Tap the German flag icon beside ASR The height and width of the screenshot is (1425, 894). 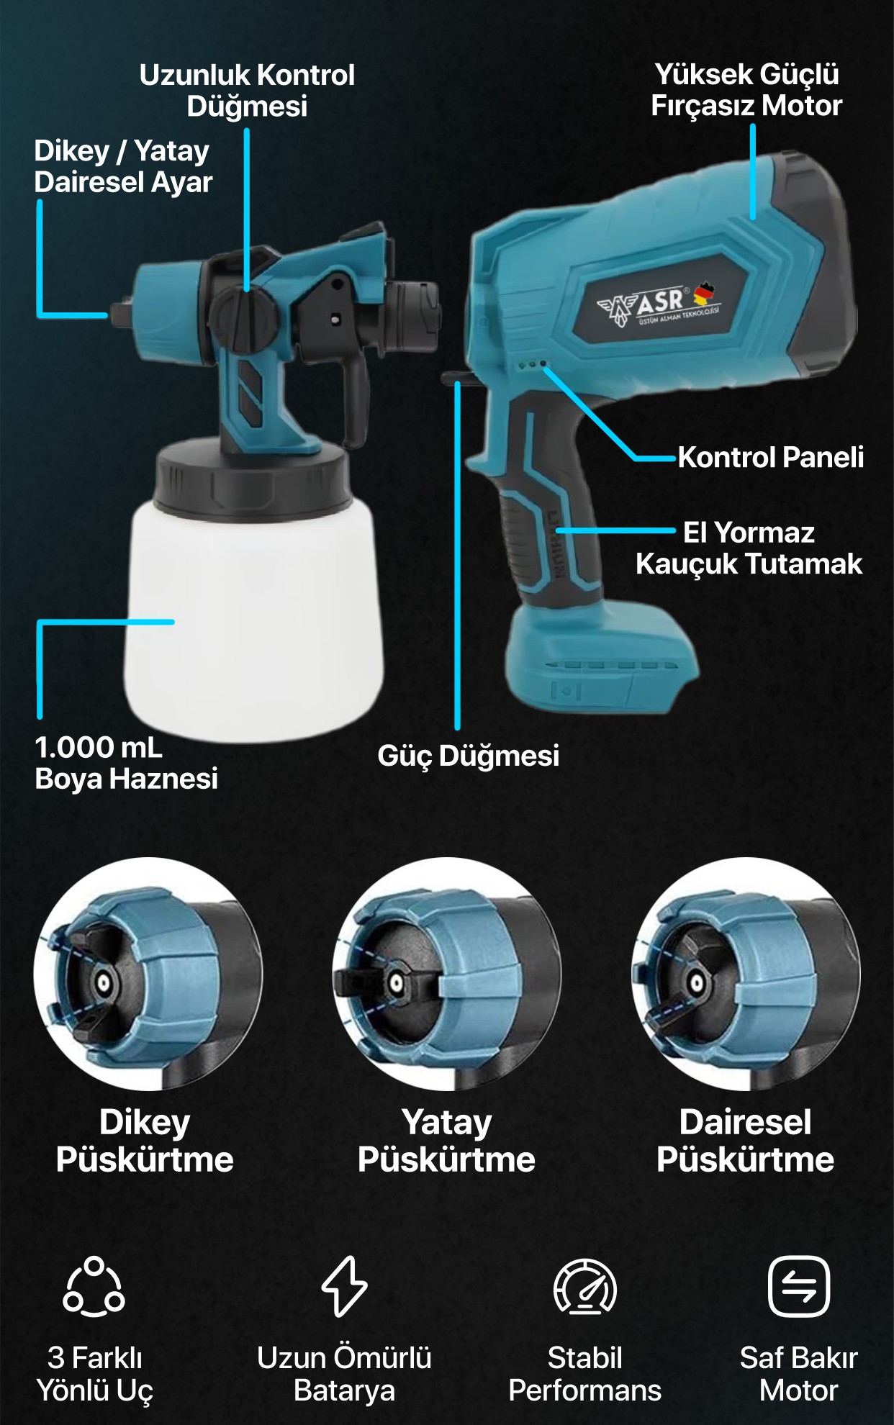pos(704,293)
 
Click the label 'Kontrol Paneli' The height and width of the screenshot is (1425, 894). pos(770,458)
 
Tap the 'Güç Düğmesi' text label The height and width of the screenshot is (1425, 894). pos(468,756)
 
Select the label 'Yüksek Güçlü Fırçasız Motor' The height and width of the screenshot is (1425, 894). pos(746,90)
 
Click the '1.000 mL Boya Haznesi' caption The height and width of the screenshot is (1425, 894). pos(126,763)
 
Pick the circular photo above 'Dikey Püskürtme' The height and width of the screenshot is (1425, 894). pos(148,973)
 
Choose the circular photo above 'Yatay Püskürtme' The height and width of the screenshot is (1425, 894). pos(446,973)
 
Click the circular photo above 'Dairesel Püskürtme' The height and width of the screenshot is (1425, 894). pos(746,973)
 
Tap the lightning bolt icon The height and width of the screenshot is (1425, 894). pos(344,1287)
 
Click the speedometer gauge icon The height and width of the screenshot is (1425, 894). pos(584,1287)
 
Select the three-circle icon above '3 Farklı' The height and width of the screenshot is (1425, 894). pos(94,1287)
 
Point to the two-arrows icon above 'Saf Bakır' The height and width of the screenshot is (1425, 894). pos(798,1287)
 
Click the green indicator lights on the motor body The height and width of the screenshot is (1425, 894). pos(532,365)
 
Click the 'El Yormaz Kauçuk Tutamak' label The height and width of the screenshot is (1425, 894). pos(749,548)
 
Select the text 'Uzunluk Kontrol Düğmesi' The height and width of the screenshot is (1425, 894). pos(247,90)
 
